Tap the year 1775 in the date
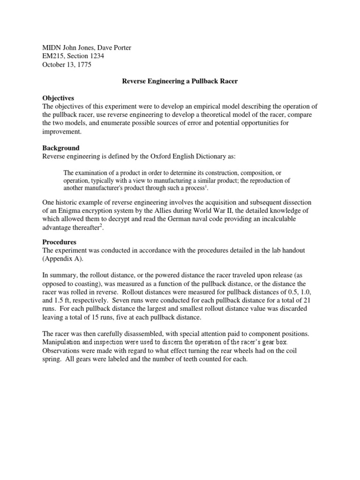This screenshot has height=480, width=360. click(82, 65)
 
